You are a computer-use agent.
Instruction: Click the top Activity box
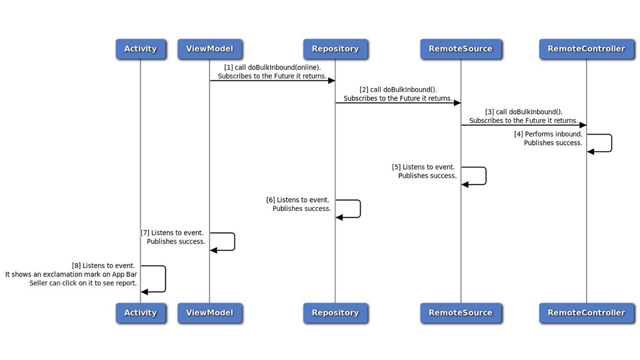pyautogui.click(x=140, y=49)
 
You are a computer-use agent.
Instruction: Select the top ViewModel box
pyautogui.click(x=209, y=49)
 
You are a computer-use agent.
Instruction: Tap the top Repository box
pyautogui.click(x=335, y=49)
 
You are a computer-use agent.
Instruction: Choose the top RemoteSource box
pyautogui.click(x=460, y=49)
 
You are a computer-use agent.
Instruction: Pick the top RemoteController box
pyautogui.click(x=586, y=49)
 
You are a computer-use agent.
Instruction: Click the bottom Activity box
pyautogui.click(x=140, y=313)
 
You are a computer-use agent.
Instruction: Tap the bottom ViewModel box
pyautogui.click(x=209, y=313)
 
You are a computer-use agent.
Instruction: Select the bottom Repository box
pyautogui.click(x=335, y=313)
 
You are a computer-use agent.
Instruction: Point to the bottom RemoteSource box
pyautogui.click(x=460, y=313)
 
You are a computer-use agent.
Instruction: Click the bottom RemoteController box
pyautogui.click(x=586, y=313)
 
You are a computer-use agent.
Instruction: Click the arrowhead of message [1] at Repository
pyautogui.click(x=331, y=80)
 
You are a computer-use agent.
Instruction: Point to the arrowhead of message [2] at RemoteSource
pyautogui.click(x=457, y=103)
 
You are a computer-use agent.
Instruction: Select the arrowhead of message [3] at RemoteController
pyautogui.click(x=582, y=125)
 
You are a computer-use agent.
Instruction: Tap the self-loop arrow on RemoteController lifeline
pyautogui.click(x=611, y=143)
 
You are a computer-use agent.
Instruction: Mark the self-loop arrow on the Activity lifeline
pyautogui.click(x=164, y=279)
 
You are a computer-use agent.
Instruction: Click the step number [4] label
pyautogui.click(x=518, y=134)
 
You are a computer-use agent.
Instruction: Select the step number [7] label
pyautogui.click(x=145, y=233)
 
